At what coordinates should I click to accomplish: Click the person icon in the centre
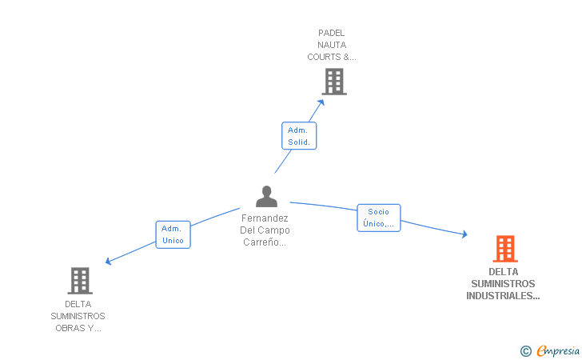point(266,197)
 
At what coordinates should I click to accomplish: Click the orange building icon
point(505,249)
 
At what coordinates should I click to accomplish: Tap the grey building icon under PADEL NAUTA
point(334,82)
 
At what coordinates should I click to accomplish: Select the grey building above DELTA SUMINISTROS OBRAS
point(80,281)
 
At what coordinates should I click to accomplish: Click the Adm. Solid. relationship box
point(299,136)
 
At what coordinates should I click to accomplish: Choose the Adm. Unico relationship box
point(173,234)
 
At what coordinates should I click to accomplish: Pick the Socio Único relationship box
point(379,218)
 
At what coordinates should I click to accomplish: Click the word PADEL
point(332,33)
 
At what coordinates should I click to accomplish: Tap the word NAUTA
point(332,45)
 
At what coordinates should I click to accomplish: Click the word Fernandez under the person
point(265,218)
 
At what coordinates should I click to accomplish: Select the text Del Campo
point(265,230)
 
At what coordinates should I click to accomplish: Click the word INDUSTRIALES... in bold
point(503,296)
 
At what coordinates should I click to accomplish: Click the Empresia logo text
point(558,350)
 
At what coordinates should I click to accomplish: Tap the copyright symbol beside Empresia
point(526,351)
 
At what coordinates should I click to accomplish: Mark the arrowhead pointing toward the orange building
point(464,234)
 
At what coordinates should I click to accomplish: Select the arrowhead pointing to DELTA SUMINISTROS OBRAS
point(108,262)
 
